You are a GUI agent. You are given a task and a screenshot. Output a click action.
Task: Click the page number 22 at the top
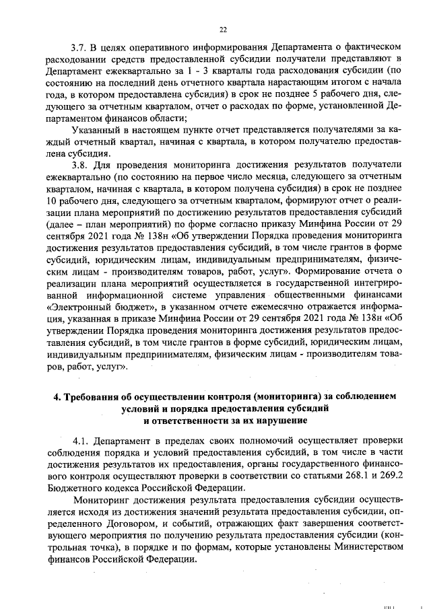coord(223,29)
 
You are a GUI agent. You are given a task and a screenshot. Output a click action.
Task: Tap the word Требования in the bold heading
coord(96,396)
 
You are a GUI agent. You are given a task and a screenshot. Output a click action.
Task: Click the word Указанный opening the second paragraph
coord(96,129)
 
